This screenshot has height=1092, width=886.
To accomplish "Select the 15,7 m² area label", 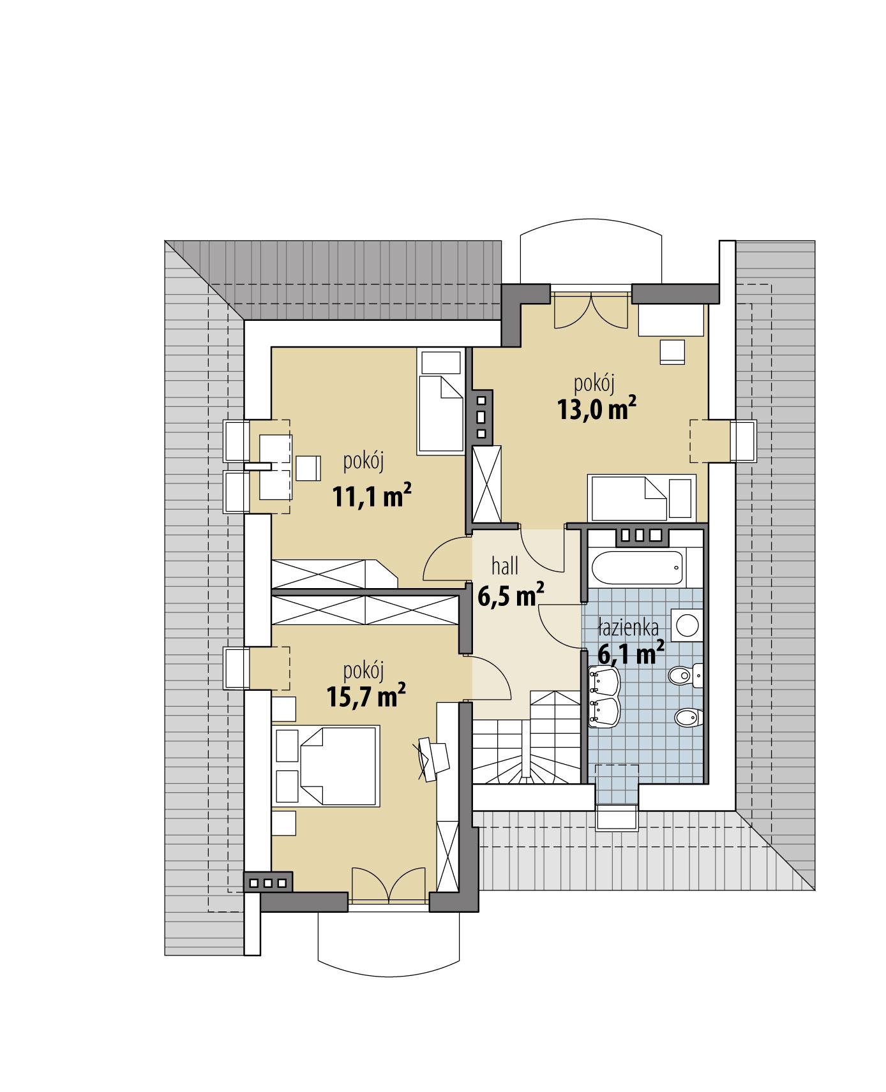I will pos(366,696).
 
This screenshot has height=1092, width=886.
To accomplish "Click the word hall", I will pos(504,566).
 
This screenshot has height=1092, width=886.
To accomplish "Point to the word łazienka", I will pos(628,628).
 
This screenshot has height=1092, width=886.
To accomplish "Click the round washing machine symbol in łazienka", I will pos(687,624).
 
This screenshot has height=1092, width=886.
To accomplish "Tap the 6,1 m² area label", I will pos(631,654).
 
